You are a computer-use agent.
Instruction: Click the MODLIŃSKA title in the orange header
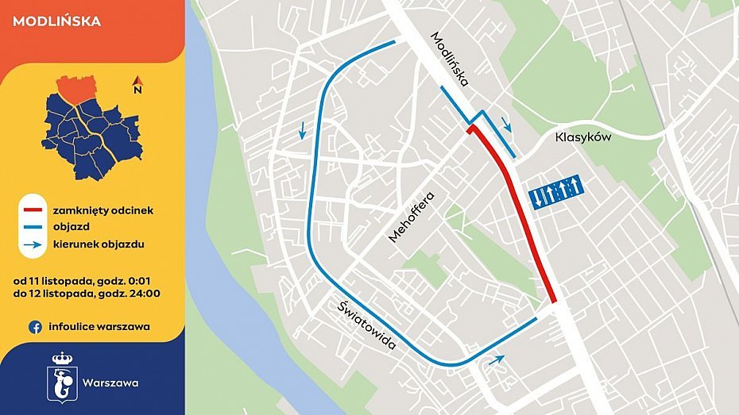(57, 21)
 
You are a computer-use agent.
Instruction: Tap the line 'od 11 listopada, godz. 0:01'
(87, 280)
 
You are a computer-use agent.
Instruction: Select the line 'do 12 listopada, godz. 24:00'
(87, 294)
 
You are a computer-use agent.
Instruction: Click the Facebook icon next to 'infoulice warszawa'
(35, 326)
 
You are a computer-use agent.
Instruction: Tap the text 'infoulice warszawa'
(99, 326)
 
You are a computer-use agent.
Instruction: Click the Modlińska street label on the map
(451, 59)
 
